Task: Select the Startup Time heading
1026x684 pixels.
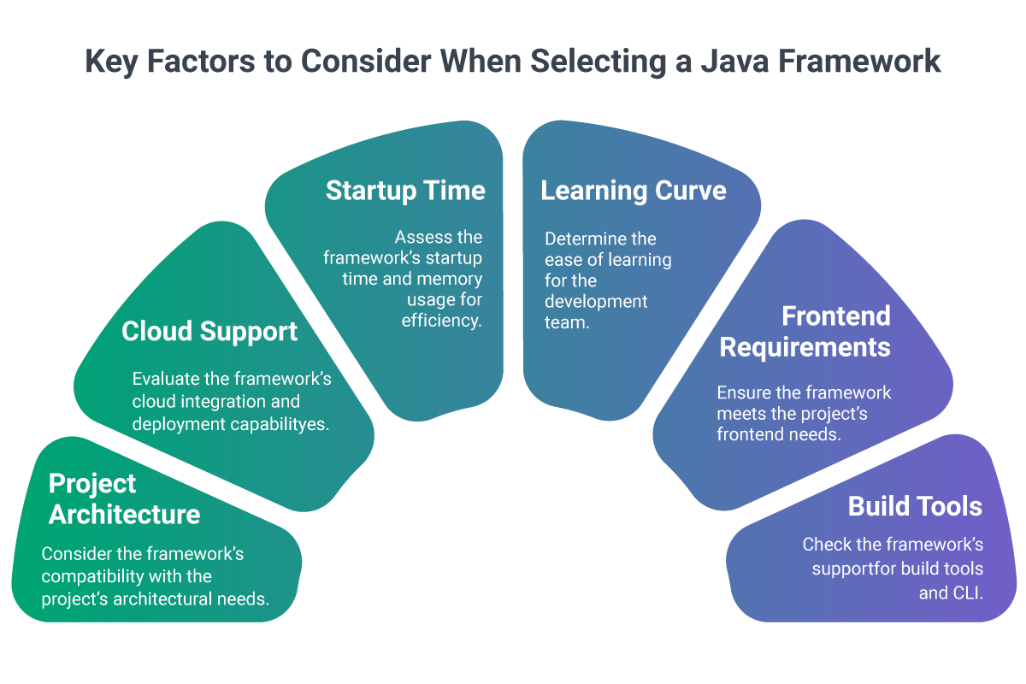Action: pyautogui.click(x=405, y=190)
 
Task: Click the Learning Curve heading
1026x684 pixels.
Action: pyautogui.click(x=633, y=190)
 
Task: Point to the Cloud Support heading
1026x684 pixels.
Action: pyautogui.click(x=209, y=331)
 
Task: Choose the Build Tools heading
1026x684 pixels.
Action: pyautogui.click(x=915, y=506)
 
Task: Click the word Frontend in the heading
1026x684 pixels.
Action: pyautogui.click(x=835, y=315)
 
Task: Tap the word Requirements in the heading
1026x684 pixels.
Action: pyautogui.click(x=805, y=347)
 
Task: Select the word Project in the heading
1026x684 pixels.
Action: pyautogui.click(x=92, y=483)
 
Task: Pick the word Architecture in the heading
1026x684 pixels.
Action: pyautogui.click(x=124, y=514)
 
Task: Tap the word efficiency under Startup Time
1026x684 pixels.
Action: pyautogui.click(x=442, y=321)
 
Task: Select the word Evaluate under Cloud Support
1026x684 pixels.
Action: pyautogui.click(x=165, y=379)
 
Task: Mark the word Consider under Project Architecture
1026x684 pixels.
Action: pyautogui.click(x=74, y=554)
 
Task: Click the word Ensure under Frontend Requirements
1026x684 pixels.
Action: pyautogui.click(x=742, y=392)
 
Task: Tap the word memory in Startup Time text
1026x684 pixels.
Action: pyautogui.click(x=450, y=280)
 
